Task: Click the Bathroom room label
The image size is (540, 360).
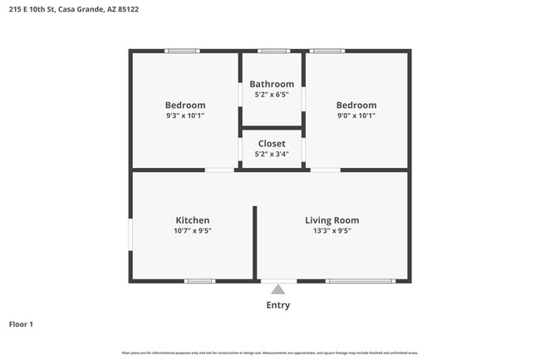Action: (x=272, y=84)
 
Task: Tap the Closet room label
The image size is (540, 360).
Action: (x=272, y=144)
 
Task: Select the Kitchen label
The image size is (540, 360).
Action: (x=192, y=220)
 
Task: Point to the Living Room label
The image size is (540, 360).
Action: (x=331, y=220)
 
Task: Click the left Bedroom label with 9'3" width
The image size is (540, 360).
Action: (x=184, y=106)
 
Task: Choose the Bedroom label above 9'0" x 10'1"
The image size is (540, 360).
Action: (x=356, y=106)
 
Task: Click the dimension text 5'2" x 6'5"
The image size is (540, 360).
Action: (x=272, y=95)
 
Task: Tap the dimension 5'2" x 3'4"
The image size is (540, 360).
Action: (x=272, y=154)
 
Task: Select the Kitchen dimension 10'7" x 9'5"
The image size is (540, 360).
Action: (x=192, y=231)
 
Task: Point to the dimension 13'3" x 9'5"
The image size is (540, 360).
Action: (x=331, y=231)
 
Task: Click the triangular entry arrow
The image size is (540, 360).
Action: (x=277, y=289)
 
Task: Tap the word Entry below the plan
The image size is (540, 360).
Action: (x=277, y=305)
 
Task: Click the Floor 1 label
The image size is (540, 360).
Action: (x=21, y=323)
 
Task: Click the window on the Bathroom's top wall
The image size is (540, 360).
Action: (x=272, y=52)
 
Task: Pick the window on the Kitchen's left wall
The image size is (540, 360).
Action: (x=130, y=234)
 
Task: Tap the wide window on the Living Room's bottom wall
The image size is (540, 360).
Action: (x=360, y=281)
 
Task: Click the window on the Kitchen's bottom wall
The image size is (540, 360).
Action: (x=199, y=281)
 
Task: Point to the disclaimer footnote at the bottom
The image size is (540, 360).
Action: (x=270, y=353)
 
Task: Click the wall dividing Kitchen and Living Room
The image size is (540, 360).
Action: (x=255, y=241)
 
